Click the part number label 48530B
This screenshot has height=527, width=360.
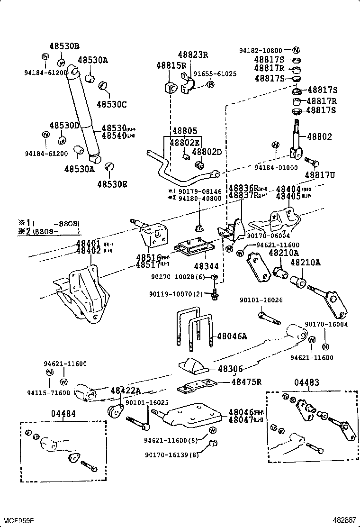click(x=64, y=46)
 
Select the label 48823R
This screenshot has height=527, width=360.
click(x=193, y=55)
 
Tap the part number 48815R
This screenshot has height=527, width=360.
click(x=171, y=65)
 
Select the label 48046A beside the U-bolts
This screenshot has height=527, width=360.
click(x=232, y=336)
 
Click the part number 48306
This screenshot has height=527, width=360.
click(x=230, y=369)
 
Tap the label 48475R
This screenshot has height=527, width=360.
click(x=246, y=382)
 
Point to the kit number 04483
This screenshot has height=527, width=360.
click(x=306, y=382)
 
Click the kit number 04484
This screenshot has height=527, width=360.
click(x=63, y=414)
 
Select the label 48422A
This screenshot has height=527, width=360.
click(x=126, y=390)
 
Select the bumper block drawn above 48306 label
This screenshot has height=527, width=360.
click(x=192, y=364)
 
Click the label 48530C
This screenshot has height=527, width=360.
click(x=112, y=104)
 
